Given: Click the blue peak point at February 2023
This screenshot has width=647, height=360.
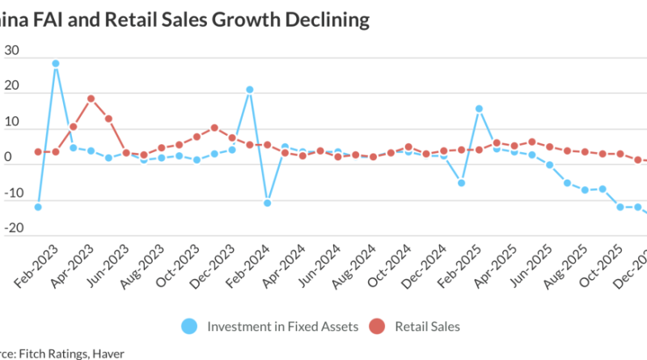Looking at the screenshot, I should click(55, 63).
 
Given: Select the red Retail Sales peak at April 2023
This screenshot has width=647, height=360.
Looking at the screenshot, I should click(91, 99).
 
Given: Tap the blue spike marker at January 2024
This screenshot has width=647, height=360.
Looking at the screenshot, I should click(250, 90).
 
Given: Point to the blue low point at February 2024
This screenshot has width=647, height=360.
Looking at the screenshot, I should click(267, 203).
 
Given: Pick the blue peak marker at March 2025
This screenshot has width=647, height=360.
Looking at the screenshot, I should click(479, 108).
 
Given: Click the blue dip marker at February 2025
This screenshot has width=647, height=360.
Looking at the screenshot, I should click(461, 183).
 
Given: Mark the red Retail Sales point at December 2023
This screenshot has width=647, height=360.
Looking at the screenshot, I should click(214, 127).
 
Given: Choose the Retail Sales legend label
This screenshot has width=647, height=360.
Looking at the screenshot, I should click(428, 326).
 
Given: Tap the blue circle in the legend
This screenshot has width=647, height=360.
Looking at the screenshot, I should click(189, 326).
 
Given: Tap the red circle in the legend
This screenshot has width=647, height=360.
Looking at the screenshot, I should click(377, 326).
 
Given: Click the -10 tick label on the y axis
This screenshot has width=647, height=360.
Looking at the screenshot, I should click(10, 201).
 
